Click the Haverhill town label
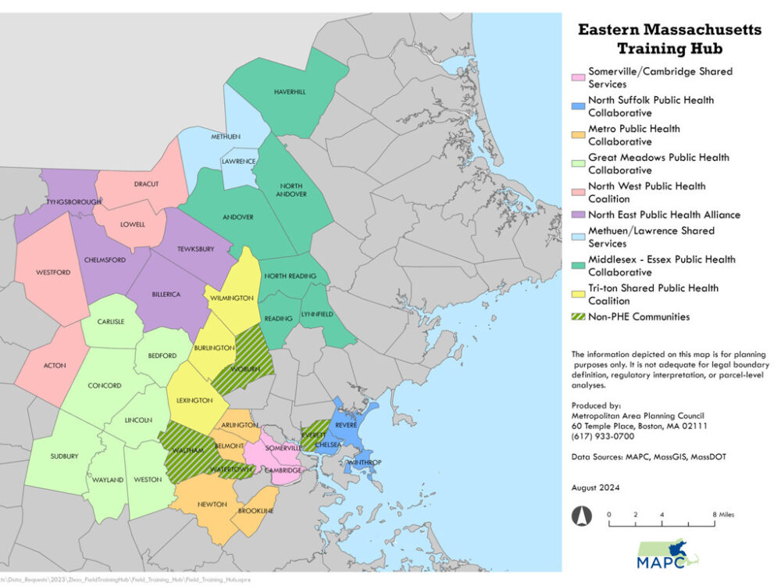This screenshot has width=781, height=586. pyautogui.click(x=290, y=92)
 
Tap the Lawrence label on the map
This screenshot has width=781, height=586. pyautogui.click(x=240, y=162)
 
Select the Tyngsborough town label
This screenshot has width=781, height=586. pyautogui.click(x=75, y=202)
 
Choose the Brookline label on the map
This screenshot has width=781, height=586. pyautogui.click(x=256, y=510)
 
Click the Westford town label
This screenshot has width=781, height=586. pyautogui.click(x=53, y=272)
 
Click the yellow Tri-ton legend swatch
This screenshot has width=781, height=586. pyautogui.click(x=578, y=288)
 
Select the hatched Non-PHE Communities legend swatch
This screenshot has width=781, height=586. pyautogui.click(x=578, y=317)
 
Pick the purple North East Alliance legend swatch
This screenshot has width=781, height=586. pyautogui.click(x=578, y=216)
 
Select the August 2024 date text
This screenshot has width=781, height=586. pyautogui.click(x=595, y=488)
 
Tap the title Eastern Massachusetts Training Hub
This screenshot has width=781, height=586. pyautogui.click(x=669, y=39)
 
